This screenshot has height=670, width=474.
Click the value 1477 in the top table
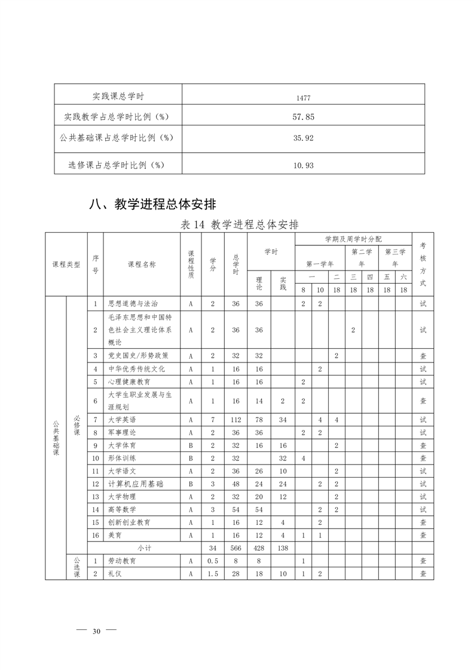pos(303,97)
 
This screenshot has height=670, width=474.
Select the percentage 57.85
pos(303,117)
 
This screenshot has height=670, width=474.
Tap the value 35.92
pos(303,137)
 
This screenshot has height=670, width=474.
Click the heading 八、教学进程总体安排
pos(152,204)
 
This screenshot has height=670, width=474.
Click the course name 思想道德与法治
pos(133,304)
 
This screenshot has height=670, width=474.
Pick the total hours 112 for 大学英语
pos(236,420)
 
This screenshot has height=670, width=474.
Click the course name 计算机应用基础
pos(135,484)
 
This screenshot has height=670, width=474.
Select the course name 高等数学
pos(122,509)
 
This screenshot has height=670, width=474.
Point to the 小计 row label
pos(144,548)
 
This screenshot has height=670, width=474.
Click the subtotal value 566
pos(236,548)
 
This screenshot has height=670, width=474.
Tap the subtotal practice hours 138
pos(283,548)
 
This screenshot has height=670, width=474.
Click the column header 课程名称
pos(142,264)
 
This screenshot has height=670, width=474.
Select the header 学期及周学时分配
pos(353,239)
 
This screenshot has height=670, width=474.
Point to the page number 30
pos(96,632)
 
